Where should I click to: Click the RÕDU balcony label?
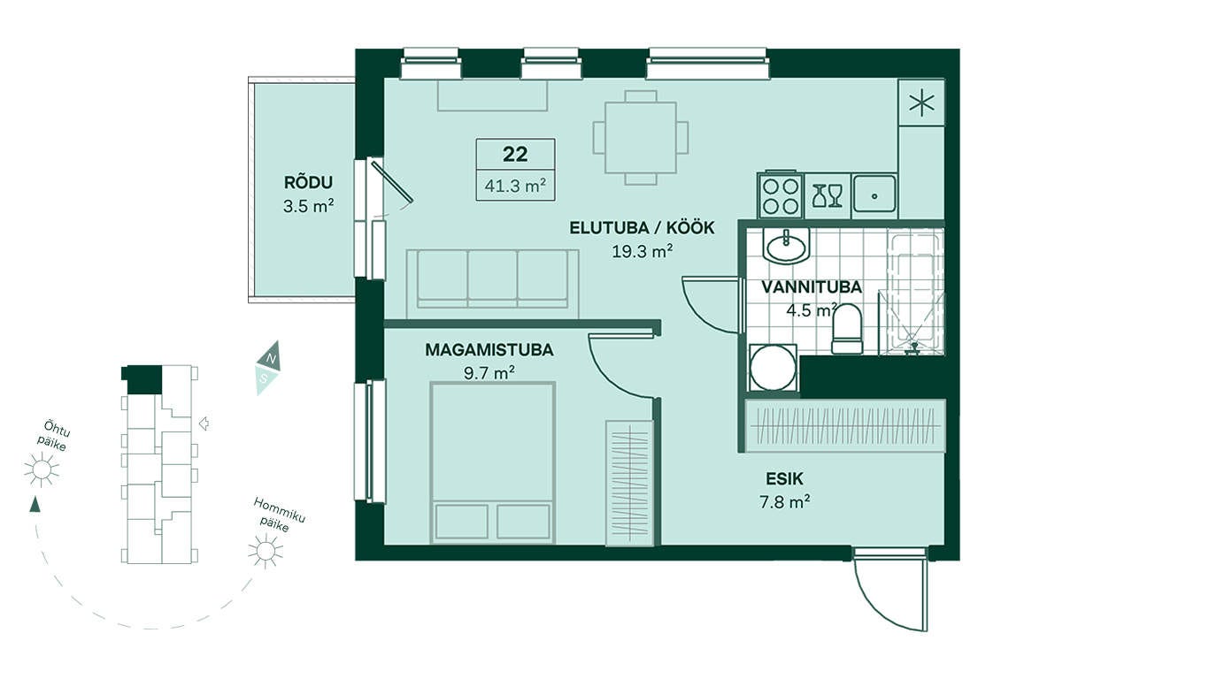click(x=308, y=183)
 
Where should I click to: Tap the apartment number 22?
click(x=515, y=154)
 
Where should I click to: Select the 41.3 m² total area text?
click(x=515, y=186)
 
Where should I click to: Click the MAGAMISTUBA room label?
click(x=489, y=350)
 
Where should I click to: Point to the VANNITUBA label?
click(x=812, y=287)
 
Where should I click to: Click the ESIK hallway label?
click(x=784, y=479)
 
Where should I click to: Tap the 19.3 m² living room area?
click(x=642, y=251)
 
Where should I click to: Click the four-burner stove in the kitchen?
click(x=781, y=195)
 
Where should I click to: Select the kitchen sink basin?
click(x=874, y=195)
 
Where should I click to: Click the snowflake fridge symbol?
click(x=921, y=103)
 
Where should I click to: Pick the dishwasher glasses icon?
click(x=828, y=195)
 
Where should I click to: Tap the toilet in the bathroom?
click(x=847, y=329)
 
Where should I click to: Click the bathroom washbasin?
click(x=786, y=246)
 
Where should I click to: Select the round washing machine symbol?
click(x=773, y=368)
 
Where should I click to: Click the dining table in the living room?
click(x=641, y=138)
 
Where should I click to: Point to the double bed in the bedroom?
click(x=493, y=462)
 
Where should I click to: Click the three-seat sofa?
click(x=492, y=284)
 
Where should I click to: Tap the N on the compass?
click(x=273, y=359)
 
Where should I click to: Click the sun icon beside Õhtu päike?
click(x=42, y=469)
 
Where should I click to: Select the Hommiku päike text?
click(x=279, y=515)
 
